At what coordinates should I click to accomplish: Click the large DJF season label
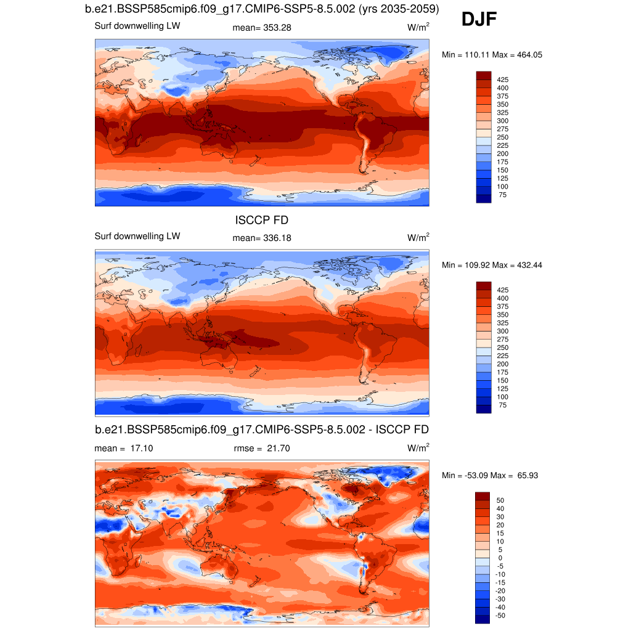479,20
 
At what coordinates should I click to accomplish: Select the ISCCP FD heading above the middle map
262,220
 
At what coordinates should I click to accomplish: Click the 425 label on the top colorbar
503,79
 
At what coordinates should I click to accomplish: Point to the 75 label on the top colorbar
503,195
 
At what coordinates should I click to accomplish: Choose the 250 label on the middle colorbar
503,348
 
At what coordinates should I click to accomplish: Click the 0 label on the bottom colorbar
500,558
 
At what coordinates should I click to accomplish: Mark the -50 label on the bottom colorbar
500,616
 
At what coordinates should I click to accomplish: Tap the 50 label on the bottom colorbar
500,500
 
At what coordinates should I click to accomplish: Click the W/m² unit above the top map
418,27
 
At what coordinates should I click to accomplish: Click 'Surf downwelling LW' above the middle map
137,236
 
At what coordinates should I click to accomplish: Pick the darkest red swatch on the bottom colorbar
483,495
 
